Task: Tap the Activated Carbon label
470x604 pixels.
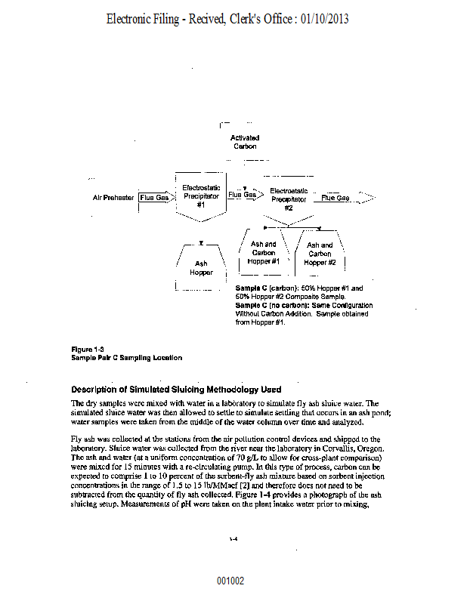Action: click(245, 142)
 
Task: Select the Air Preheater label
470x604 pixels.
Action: click(113, 198)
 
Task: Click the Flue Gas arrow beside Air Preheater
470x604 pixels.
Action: click(156, 198)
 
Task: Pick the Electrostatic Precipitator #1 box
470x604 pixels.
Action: click(201, 196)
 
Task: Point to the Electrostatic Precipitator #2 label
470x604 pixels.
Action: click(289, 199)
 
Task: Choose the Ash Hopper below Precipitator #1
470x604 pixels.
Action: click(201, 268)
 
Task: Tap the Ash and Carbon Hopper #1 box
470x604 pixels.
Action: click(264, 253)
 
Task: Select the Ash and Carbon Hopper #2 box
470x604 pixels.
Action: click(320, 254)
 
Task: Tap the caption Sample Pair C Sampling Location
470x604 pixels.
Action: click(126, 357)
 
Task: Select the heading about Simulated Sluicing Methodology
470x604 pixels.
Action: click(176, 390)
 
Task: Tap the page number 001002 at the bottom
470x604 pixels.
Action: click(230, 581)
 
